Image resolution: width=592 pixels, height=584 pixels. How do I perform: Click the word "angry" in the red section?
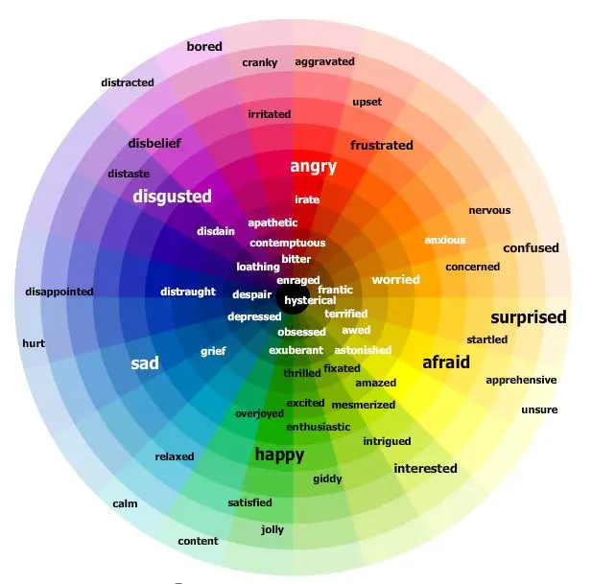pyautogui.click(x=314, y=167)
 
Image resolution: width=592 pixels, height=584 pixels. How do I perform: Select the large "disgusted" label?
pyautogui.click(x=172, y=197)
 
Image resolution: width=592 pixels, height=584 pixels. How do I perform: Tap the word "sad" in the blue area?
pyautogui.click(x=145, y=363)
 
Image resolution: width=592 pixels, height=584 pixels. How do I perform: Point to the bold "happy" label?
pyautogui.click(x=279, y=455)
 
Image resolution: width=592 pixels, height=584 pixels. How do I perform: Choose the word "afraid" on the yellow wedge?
pyautogui.click(x=446, y=362)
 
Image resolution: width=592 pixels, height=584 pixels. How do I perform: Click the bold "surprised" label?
pyautogui.click(x=529, y=317)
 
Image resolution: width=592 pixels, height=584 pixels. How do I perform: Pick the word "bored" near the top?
pyautogui.click(x=204, y=46)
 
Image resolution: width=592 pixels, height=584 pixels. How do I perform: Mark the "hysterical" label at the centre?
pyautogui.click(x=310, y=301)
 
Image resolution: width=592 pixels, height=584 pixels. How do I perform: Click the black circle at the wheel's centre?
pyautogui.click(x=293, y=299)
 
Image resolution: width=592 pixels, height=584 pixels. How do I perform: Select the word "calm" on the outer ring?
pyautogui.click(x=125, y=503)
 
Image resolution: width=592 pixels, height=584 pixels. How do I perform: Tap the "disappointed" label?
pyautogui.click(x=59, y=292)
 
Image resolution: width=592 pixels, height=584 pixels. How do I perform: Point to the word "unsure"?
pyautogui.click(x=539, y=409)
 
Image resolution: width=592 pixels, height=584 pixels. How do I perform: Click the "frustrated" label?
pyautogui.click(x=382, y=145)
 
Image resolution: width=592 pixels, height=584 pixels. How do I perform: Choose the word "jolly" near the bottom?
pyautogui.click(x=272, y=530)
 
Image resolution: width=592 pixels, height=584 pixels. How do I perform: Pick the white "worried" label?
pyautogui.click(x=395, y=280)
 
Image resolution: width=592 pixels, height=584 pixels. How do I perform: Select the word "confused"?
pyautogui.click(x=531, y=248)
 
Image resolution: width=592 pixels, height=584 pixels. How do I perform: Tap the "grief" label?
pyautogui.click(x=213, y=352)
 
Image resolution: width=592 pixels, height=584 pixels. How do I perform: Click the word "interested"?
pyautogui.click(x=425, y=469)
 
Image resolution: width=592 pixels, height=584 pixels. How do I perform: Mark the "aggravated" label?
pyautogui.click(x=324, y=62)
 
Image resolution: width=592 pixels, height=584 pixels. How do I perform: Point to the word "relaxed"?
pyautogui.click(x=175, y=456)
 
